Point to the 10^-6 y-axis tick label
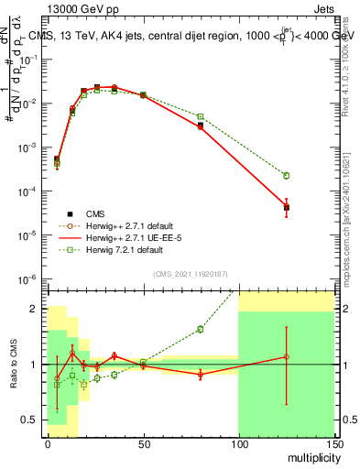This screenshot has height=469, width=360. [30, 278]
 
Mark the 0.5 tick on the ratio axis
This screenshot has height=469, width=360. [32, 420]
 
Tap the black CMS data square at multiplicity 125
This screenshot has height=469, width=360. [287, 208]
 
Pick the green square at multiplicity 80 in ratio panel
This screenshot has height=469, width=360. [201, 329]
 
